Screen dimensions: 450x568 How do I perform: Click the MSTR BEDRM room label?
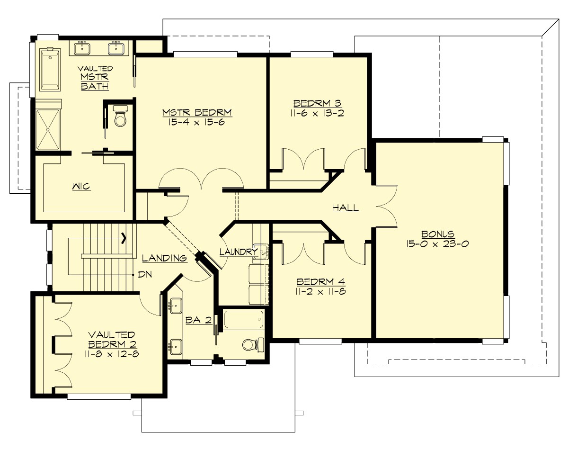[x=197, y=113]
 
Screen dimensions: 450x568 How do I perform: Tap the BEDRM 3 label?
[x=311, y=103]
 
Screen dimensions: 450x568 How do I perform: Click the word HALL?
[x=346, y=208]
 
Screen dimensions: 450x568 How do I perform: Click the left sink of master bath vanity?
[x=83, y=48]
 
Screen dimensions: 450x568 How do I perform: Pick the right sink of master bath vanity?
[x=115, y=48]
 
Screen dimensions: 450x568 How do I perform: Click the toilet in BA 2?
[x=250, y=344]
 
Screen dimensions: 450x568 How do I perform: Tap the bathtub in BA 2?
[x=243, y=320]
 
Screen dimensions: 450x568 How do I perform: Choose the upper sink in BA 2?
[x=176, y=306]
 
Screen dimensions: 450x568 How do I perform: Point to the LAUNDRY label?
[x=238, y=252]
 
